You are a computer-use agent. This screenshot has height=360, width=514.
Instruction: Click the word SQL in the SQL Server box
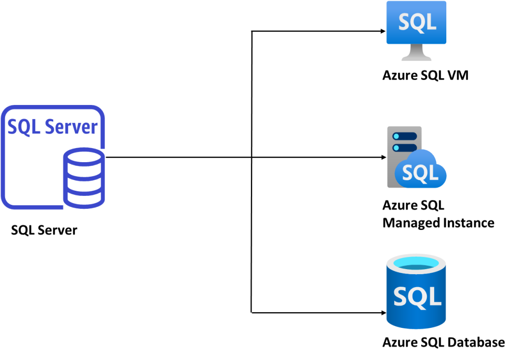(24, 127)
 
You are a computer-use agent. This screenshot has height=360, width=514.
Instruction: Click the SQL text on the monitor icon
(417, 22)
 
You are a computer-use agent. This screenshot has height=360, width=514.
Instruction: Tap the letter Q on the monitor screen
(417, 23)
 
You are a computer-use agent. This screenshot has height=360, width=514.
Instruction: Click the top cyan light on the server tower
(396, 136)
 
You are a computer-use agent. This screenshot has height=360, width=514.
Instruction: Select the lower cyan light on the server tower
(396, 148)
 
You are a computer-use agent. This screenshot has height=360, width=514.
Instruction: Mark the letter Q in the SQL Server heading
(24, 128)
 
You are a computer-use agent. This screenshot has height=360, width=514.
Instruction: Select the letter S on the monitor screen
(405, 23)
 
